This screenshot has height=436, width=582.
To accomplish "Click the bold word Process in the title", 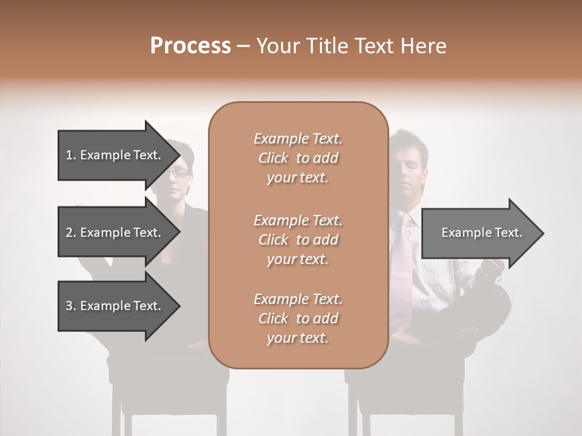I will (x=190, y=46).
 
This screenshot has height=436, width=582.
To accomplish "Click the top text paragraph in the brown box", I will (x=298, y=158).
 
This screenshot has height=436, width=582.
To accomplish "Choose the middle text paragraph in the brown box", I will (x=298, y=239).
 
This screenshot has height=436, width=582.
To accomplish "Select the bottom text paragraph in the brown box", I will (x=298, y=319).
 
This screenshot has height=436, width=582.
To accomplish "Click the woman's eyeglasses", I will (x=179, y=173).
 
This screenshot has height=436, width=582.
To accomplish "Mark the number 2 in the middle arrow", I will (x=69, y=233).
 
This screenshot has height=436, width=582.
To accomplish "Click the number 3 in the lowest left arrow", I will (x=69, y=306).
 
